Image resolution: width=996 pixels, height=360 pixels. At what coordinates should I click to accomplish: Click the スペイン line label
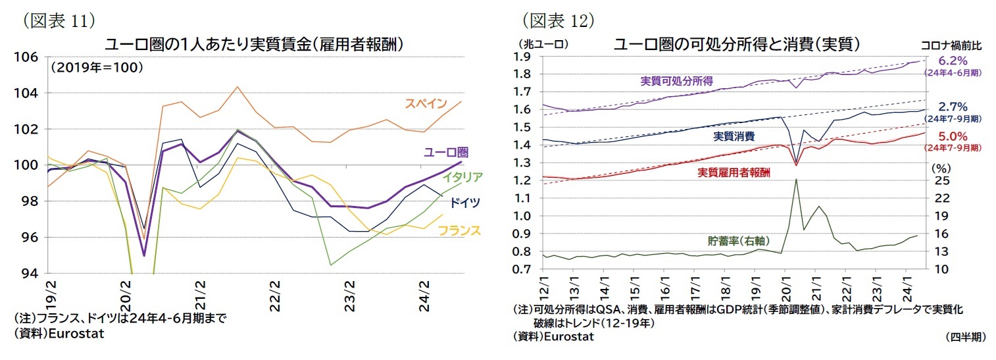(x=426, y=104)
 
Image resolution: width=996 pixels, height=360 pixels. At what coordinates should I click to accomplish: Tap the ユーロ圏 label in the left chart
(x=445, y=153)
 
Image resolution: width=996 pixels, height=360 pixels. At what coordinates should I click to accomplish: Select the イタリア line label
(x=463, y=177)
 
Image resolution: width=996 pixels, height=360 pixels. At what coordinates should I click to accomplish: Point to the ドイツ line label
(x=465, y=202)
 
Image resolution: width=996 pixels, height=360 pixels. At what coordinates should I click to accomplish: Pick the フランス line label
(x=459, y=230)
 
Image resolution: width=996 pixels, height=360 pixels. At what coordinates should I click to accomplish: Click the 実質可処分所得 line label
(x=677, y=81)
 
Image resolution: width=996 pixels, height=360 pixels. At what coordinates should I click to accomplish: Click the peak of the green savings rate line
(x=796, y=179)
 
